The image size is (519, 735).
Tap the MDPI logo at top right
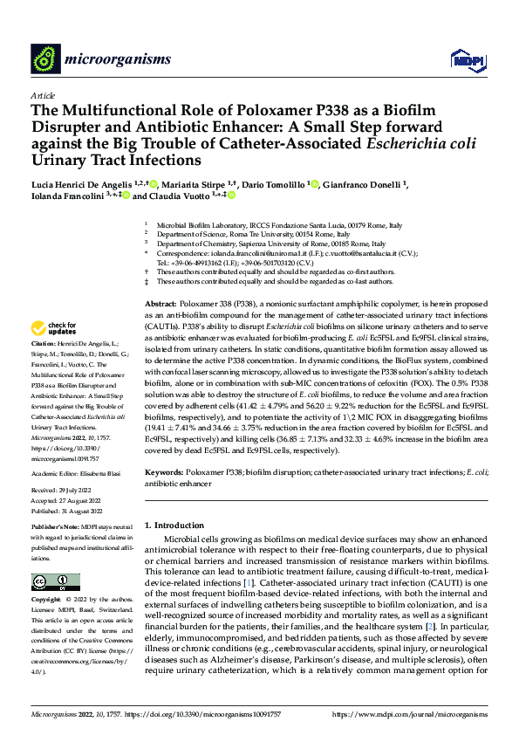(x=465, y=58)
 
